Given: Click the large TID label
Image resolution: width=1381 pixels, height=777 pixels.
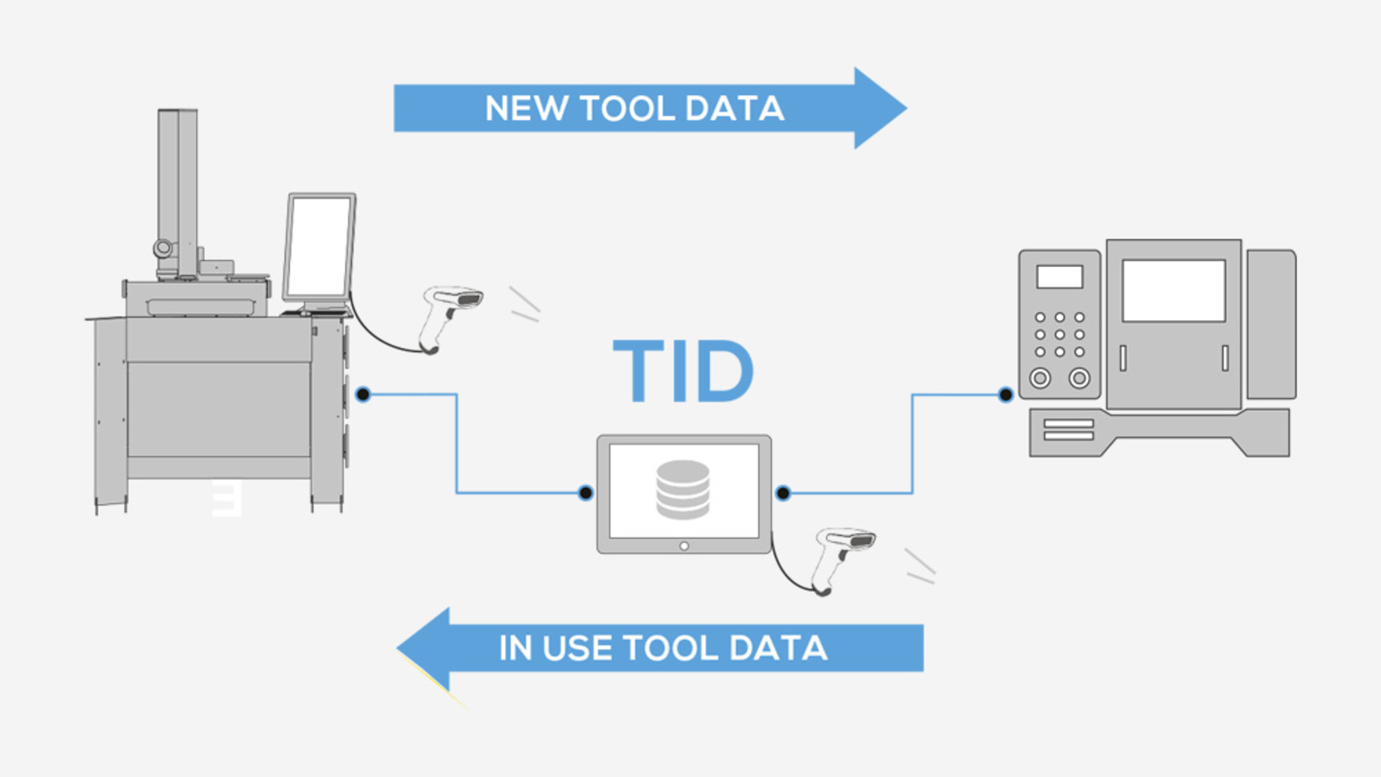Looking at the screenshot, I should point(683,371).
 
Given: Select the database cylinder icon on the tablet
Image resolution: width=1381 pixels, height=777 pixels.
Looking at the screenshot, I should point(683,490).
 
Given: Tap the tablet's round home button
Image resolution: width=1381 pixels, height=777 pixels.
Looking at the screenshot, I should point(684,546).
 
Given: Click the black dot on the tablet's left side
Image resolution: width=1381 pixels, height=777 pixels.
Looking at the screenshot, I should point(585,493).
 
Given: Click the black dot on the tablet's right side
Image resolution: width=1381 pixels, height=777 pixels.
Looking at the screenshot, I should point(783,493).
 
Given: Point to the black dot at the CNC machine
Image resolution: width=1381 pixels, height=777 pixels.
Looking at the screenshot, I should point(1006,395).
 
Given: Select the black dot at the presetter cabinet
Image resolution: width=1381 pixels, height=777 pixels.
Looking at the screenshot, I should point(363,395).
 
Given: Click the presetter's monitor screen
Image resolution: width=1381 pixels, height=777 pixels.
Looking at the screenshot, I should point(318,246).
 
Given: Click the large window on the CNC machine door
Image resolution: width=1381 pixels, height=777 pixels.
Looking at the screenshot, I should point(1173,291).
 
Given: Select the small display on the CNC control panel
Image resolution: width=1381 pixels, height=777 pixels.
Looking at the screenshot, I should point(1059,276).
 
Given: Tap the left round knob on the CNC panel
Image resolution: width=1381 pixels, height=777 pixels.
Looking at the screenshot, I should point(1040,377).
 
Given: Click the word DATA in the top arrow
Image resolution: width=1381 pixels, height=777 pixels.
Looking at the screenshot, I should point(735,109).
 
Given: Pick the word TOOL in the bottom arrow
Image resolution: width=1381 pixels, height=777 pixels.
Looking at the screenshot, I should point(670,648).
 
